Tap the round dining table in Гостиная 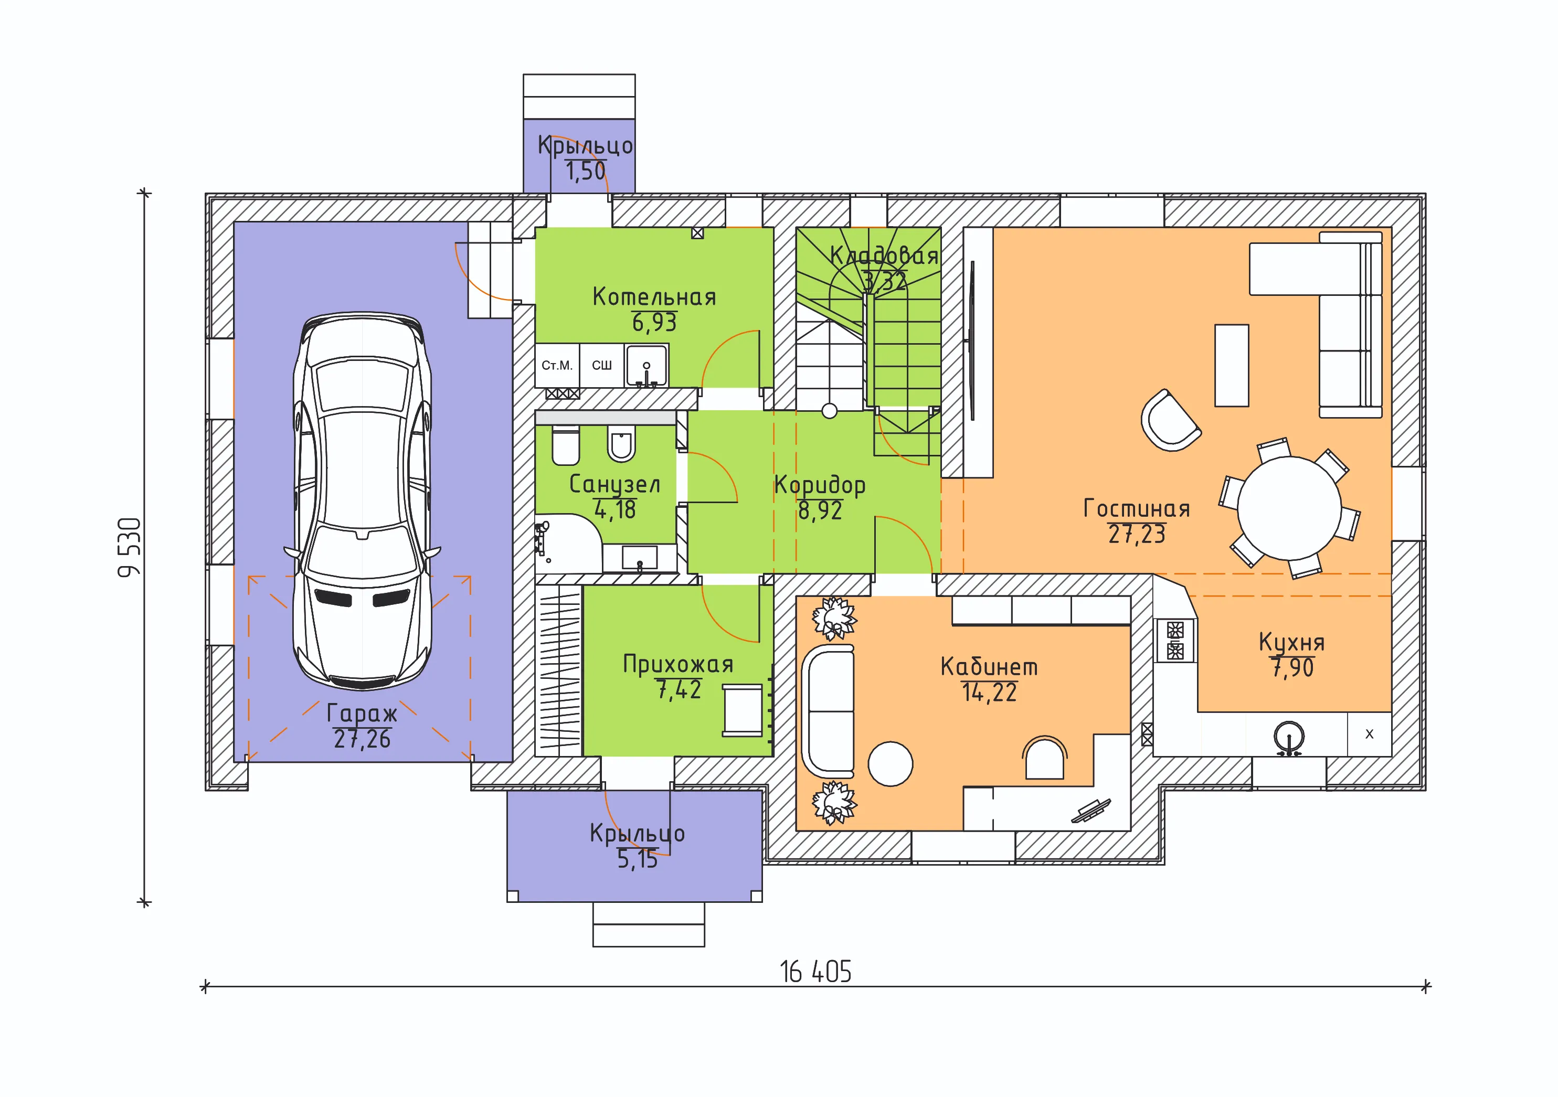pyautogui.click(x=1289, y=508)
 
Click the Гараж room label pyautogui.click(x=362, y=713)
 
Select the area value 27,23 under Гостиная pyautogui.click(x=1137, y=535)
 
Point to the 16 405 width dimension pyautogui.click(x=815, y=972)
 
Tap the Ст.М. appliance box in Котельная pyautogui.click(x=557, y=365)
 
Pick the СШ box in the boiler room pyautogui.click(x=602, y=365)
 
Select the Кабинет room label pyautogui.click(x=989, y=667)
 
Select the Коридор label pyautogui.click(x=820, y=485)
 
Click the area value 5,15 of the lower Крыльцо pyautogui.click(x=637, y=859)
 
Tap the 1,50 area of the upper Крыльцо pyautogui.click(x=585, y=171)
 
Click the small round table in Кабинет pyautogui.click(x=891, y=764)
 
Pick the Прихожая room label pyautogui.click(x=678, y=664)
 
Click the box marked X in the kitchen pyautogui.click(x=1370, y=734)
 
